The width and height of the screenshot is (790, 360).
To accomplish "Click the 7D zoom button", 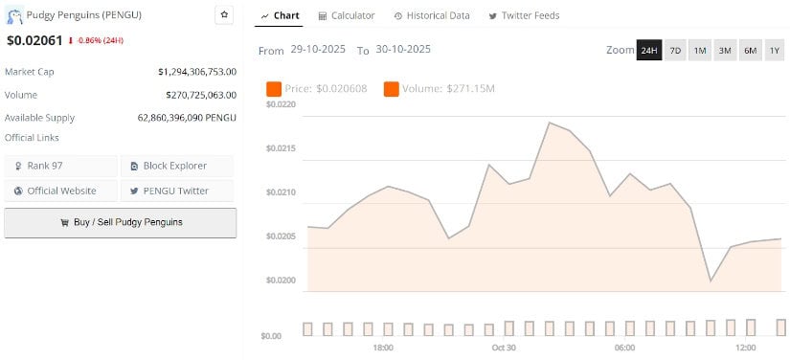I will (x=675, y=50).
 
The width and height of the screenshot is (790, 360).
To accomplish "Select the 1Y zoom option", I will (x=774, y=50).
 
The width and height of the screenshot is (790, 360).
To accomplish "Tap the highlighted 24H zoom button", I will (x=649, y=50).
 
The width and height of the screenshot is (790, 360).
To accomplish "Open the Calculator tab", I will (x=346, y=15).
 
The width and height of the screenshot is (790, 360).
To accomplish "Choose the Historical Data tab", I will (x=431, y=15).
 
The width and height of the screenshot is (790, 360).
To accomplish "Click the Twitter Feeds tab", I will (x=524, y=15).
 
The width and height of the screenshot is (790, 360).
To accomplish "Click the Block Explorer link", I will (x=176, y=166).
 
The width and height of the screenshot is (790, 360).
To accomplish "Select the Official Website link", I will (x=60, y=191).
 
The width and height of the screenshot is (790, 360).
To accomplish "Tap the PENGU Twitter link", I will (x=176, y=191).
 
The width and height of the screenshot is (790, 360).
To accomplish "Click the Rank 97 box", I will (x=60, y=166).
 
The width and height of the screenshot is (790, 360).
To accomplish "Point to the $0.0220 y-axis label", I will (x=281, y=103).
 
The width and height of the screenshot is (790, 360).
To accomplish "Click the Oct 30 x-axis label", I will (x=504, y=348).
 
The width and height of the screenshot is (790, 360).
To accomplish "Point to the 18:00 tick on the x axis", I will (x=383, y=348).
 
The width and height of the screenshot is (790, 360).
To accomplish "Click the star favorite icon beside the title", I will (x=224, y=14).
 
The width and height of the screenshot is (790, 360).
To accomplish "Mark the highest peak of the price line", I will (x=550, y=123).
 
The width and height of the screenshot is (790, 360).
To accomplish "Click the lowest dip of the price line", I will (x=711, y=281).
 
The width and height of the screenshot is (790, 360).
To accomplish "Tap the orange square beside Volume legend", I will (x=391, y=89).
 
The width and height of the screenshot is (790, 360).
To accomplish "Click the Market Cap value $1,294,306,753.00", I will (x=196, y=72).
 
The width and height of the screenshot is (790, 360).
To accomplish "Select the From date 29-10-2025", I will (x=320, y=50).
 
